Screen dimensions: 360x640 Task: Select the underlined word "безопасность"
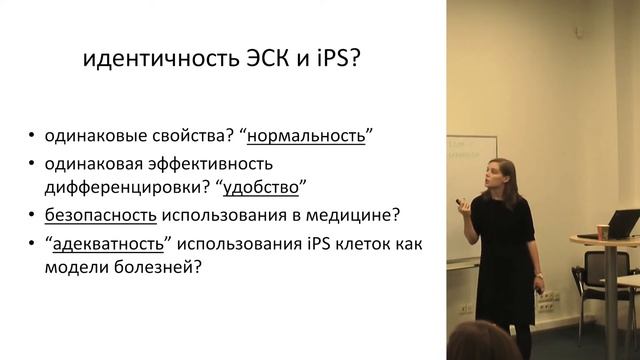point(101,214)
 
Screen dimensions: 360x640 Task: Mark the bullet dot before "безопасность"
point(34,215)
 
